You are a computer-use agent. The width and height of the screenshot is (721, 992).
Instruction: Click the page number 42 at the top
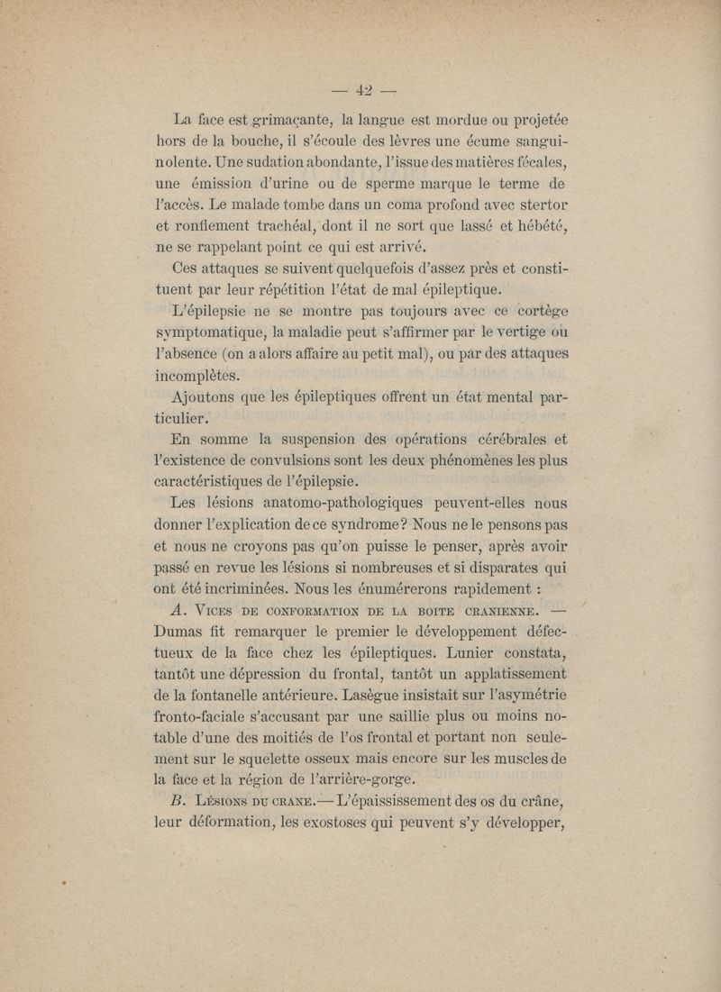tap(365, 89)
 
